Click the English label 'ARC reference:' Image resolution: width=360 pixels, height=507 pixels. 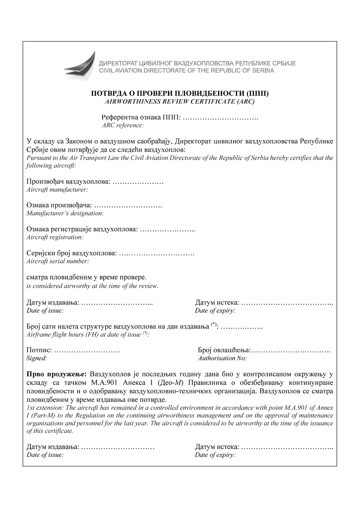point(123,125)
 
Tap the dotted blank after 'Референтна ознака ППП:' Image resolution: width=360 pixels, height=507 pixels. point(220,118)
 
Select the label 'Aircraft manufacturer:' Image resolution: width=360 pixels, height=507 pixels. point(57,190)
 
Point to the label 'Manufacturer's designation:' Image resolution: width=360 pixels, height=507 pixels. point(65,213)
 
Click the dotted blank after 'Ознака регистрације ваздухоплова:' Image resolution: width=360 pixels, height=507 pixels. point(167,229)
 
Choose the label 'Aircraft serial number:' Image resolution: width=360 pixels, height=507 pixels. point(58,261)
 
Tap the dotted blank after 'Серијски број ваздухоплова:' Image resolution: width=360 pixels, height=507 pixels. point(156,253)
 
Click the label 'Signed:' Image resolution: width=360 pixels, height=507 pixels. point(36,358)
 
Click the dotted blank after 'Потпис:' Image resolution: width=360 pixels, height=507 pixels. point(87,350)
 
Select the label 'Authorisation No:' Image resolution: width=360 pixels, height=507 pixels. point(222,358)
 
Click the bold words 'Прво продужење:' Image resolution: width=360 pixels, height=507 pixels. point(56,374)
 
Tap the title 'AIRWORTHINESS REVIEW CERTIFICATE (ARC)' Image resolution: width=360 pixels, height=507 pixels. point(180,102)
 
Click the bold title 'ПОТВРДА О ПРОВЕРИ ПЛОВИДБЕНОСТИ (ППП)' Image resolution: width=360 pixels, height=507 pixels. point(180,94)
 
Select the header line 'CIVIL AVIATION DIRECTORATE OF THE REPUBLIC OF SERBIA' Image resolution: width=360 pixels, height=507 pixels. point(186,71)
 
